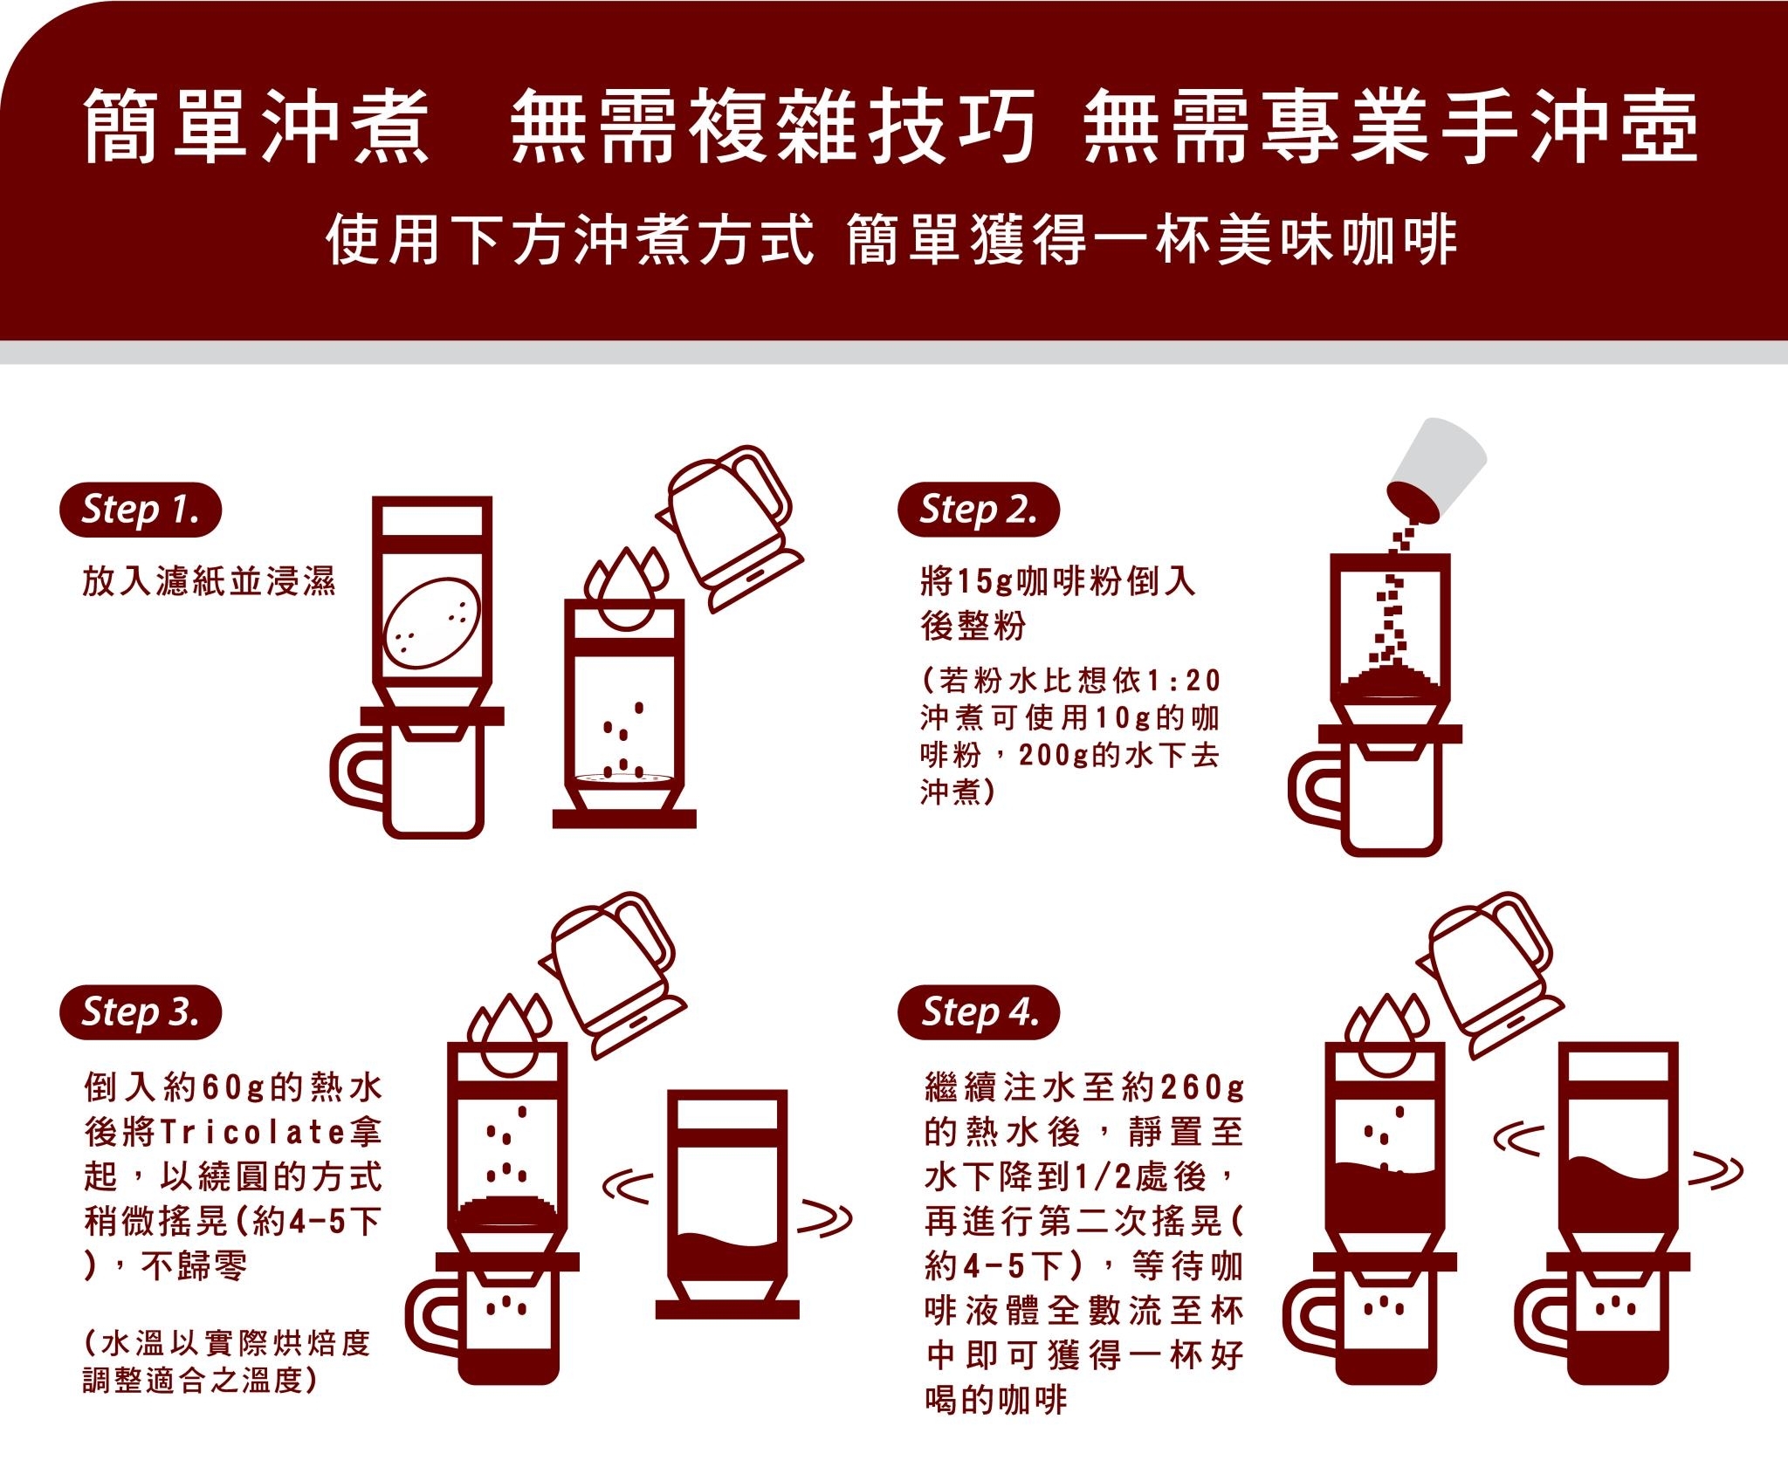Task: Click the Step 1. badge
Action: [x=140, y=510]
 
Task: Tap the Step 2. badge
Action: [x=978, y=510]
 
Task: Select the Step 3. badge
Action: [x=140, y=1012]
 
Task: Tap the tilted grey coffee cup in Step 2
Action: [x=1437, y=471]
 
